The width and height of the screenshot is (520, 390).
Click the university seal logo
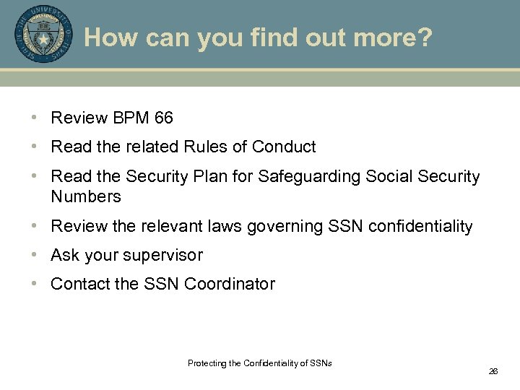(43, 34)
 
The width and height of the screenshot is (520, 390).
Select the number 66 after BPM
(163, 118)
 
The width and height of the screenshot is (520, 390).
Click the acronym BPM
(131, 118)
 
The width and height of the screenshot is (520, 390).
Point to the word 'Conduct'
(284, 147)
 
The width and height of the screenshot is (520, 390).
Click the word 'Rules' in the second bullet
(206, 147)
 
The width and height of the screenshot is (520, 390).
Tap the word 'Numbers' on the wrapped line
(85, 196)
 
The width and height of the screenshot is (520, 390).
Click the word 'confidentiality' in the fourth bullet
(420, 227)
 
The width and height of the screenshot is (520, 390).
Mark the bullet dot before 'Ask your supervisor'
(34, 256)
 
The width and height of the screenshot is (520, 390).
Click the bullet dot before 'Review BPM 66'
(34, 118)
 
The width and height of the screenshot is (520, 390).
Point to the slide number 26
(493, 371)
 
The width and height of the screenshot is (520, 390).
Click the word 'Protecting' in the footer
(206, 363)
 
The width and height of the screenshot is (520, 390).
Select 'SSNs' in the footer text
(321, 363)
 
